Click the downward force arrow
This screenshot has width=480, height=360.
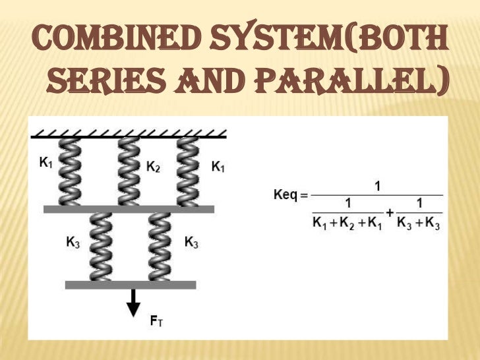[134, 303]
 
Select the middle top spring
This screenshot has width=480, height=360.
[129, 171]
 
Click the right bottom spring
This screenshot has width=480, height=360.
[160, 247]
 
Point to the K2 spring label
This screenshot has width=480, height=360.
[152, 167]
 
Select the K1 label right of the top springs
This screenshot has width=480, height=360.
[218, 167]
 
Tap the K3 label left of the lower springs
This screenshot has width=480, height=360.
[73, 242]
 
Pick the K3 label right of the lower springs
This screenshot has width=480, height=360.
[191, 242]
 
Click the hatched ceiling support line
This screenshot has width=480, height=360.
[129, 135]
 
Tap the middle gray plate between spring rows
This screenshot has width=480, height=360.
[129, 209]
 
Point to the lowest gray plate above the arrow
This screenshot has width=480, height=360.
[131, 285]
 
